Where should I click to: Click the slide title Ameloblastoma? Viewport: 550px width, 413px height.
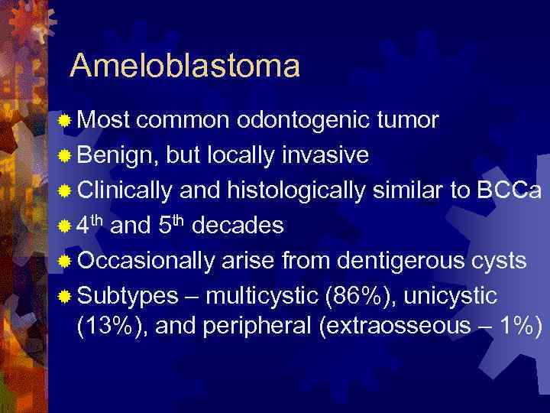pyautogui.click(x=184, y=67)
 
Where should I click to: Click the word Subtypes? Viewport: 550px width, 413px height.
pyautogui.click(x=125, y=296)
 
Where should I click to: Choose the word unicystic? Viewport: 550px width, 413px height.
pyautogui.click(x=454, y=296)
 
